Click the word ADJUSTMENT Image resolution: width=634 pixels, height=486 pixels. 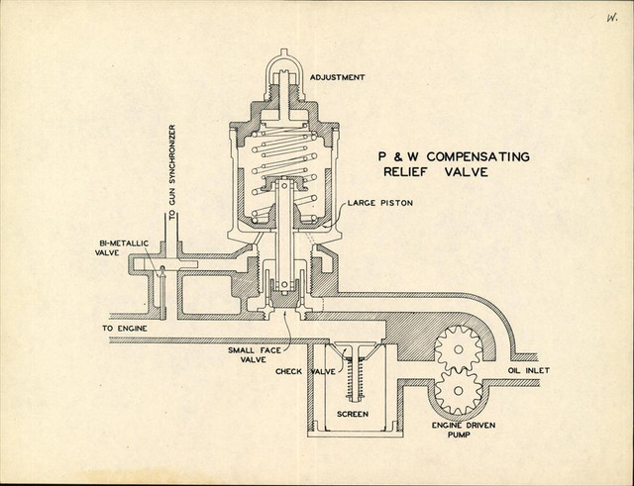pyautogui.click(x=337, y=77)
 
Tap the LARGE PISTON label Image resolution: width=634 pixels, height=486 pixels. pyautogui.click(x=380, y=203)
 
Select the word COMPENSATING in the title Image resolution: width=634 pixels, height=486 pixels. pyautogui.click(x=477, y=156)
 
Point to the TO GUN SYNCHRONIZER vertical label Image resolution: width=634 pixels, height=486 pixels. pyautogui.click(x=172, y=172)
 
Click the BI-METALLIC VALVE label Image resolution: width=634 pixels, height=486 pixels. pyautogui.click(x=122, y=248)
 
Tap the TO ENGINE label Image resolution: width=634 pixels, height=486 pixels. pyautogui.click(x=125, y=329)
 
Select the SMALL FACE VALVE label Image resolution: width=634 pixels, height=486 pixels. pyautogui.click(x=254, y=354)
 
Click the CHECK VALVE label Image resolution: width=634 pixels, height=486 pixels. pyautogui.click(x=305, y=371)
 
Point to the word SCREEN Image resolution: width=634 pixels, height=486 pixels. pyautogui.click(x=353, y=414)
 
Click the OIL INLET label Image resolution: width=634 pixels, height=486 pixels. pyautogui.click(x=528, y=370)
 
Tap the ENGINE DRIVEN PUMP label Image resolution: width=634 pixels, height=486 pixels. pyautogui.click(x=464, y=430)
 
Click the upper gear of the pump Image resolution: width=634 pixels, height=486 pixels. pyautogui.click(x=458, y=349)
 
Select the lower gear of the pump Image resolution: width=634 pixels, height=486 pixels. pyautogui.click(x=458, y=391)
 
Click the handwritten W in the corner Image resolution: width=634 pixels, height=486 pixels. pyautogui.click(x=611, y=18)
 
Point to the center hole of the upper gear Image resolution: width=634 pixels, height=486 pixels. pyautogui.click(x=458, y=349)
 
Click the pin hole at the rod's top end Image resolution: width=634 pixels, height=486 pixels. pyautogui.click(x=284, y=185)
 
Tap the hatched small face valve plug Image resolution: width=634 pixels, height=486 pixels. pyautogui.click(x=285, y=300)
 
